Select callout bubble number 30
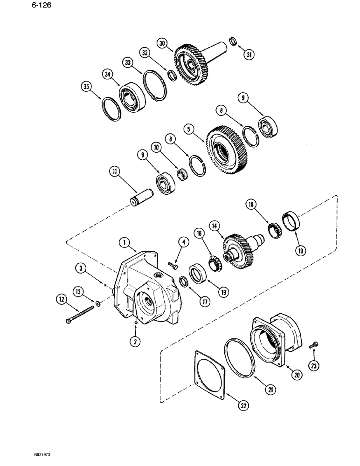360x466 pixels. click(x=162, y=43)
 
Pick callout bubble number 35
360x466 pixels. click(x=85, y=87)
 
